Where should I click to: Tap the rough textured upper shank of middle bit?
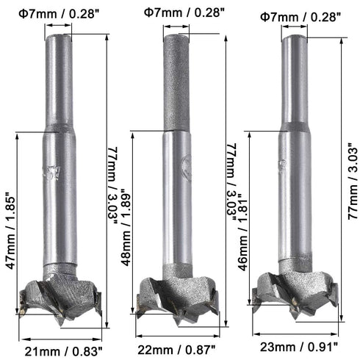(x=176, y=81)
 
